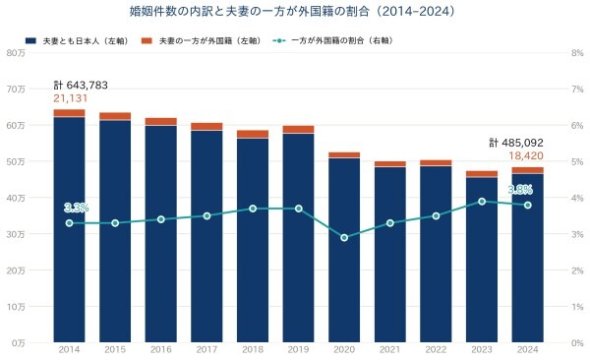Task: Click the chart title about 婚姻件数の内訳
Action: pos(292,11)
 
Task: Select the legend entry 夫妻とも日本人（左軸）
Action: pos(78,40)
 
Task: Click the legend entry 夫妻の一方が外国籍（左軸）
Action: pos(202,40)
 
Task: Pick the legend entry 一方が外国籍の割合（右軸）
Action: pos(334,40)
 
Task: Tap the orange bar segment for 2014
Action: pos(69,113)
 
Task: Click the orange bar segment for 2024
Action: pos(527,170)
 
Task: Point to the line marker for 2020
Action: pos(344,238)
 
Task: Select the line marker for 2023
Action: pos(482,202)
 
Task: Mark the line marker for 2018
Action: pos(253,209)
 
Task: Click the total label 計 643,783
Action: pos(81,86)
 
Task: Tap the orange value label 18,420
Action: pos(526,155)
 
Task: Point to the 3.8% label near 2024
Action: pos(520,190)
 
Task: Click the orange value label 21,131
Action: pos(71,98)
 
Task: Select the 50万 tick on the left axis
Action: pos(16,161)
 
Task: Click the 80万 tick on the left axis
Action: pos(16,53)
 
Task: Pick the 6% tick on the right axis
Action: pos(577,125)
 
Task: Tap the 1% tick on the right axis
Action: pos(577,307)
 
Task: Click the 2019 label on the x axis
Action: pos(298,350)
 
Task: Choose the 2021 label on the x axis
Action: pos(390,350)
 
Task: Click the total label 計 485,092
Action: pos(516,143)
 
